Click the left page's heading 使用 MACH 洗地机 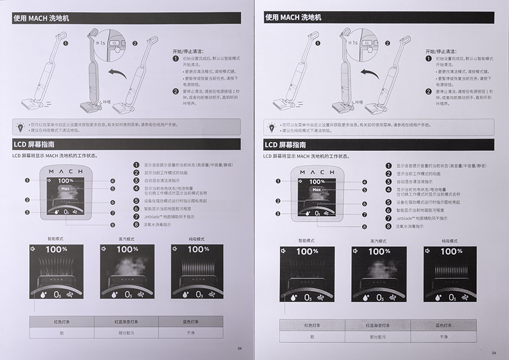(42, 17)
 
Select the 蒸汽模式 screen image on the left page (128, 271)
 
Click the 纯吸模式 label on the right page (451, 241)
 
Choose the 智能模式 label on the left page (56, 239)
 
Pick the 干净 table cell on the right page (444, 337)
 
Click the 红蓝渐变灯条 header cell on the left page (126, 321)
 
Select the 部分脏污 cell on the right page (377, 337)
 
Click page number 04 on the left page (240, 348)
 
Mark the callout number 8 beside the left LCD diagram (113, 225)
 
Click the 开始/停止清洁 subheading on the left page (187, 51)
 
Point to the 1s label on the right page (355, 42)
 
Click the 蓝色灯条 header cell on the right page (444, 325)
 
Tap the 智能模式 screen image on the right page (307, 274)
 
